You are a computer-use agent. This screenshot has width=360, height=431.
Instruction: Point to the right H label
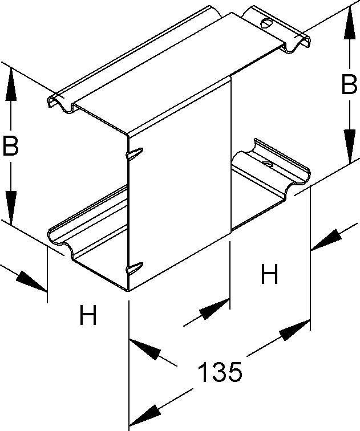(x=269, y=275)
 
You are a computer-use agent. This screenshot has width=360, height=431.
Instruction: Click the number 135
(x=220, y=373)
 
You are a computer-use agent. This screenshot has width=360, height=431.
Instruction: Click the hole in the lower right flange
(x=266, y=165)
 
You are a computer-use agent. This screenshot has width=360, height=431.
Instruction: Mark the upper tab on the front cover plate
(x=132, y=153)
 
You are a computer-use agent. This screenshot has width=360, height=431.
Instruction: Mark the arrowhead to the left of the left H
(x=31, y=282)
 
